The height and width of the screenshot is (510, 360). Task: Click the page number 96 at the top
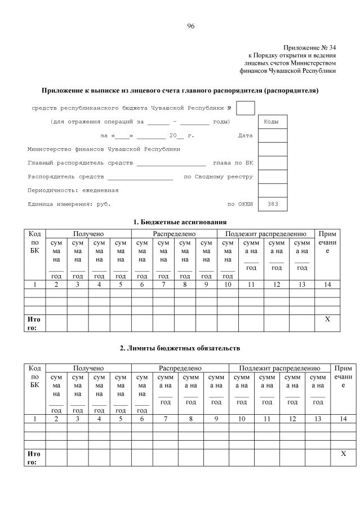[x=190, y=26]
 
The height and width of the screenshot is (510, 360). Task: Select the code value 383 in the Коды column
[x=273, y=204]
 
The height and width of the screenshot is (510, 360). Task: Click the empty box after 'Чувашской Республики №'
[x=246, y=108]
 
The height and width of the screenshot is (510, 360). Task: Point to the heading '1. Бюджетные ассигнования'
[x=180, y=221]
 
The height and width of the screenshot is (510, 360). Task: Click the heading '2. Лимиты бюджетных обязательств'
[x=180, y=349]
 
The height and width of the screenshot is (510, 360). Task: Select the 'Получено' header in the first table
[x=88, y=233]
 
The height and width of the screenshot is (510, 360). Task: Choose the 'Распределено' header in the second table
[x=180, y=368]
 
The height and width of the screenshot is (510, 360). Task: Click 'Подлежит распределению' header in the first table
[x=265, y=233]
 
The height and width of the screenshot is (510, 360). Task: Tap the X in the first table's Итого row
[x=327, y=319]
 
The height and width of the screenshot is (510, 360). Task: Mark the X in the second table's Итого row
[x=343, y=454]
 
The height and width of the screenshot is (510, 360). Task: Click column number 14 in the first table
[x=327, y=285]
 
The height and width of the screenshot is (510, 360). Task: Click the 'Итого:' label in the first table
[x=34, y=323]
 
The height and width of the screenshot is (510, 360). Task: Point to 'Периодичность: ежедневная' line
[x=73, y=190]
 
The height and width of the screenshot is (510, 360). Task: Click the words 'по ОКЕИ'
[x=240, y=204]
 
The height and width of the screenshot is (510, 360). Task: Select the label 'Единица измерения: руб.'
[x=69, y=204]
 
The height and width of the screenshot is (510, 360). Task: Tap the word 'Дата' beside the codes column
[x=245, y=136]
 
